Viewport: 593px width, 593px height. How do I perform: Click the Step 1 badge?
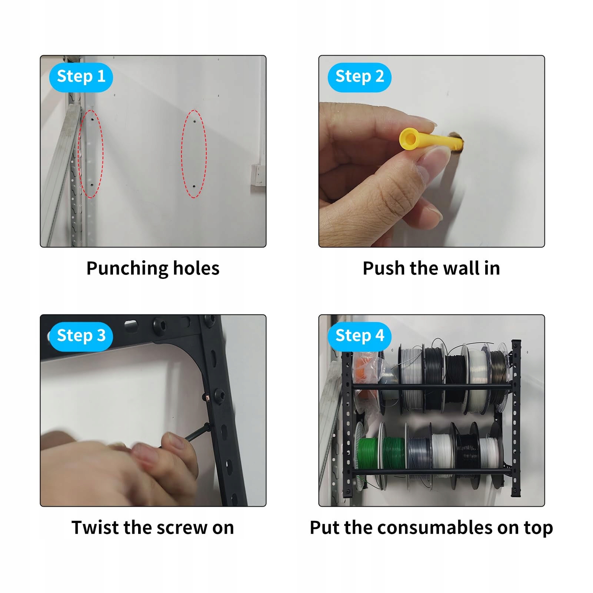(81, 77)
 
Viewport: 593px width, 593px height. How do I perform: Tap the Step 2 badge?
(360, 77)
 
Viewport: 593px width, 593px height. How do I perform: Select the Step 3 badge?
(81, 336)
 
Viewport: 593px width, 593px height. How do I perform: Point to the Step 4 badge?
(360, 336)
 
